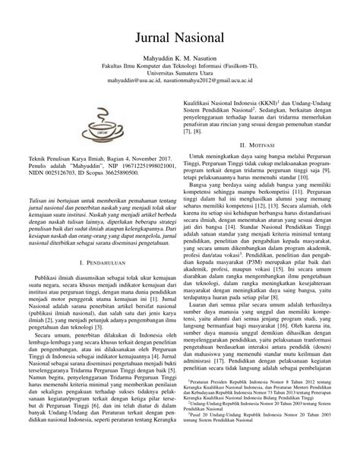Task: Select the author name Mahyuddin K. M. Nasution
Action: pyautogui.click(x=179, y=58)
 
